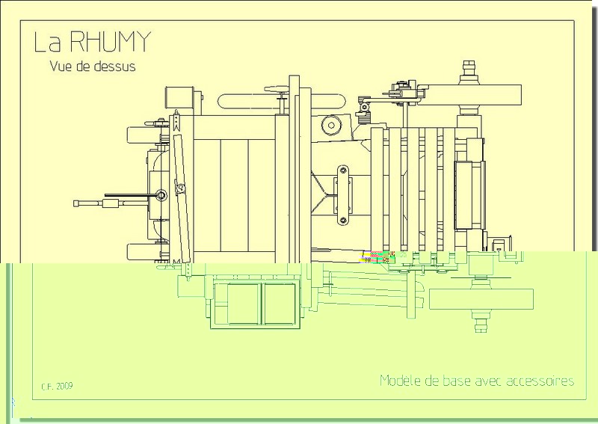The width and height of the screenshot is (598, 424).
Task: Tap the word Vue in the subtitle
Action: pyautogui.click(x=61, y=66)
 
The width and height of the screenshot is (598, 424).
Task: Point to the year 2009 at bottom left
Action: pyautogui.click(x=64, y=387)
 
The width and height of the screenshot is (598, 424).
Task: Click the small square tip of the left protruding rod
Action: pyautogui.click(x=77, y=203)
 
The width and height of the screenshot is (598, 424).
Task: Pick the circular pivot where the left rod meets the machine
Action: pyautogui.click(x=161, y=196)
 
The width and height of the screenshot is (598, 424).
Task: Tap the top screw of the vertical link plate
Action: pyautogui.click(x=343, y=170)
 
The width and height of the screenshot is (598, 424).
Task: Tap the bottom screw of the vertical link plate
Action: pyautogui.click(x=343, y=219)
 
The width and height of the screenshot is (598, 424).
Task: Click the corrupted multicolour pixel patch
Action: pyautogui.click(x=381, y=257)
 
